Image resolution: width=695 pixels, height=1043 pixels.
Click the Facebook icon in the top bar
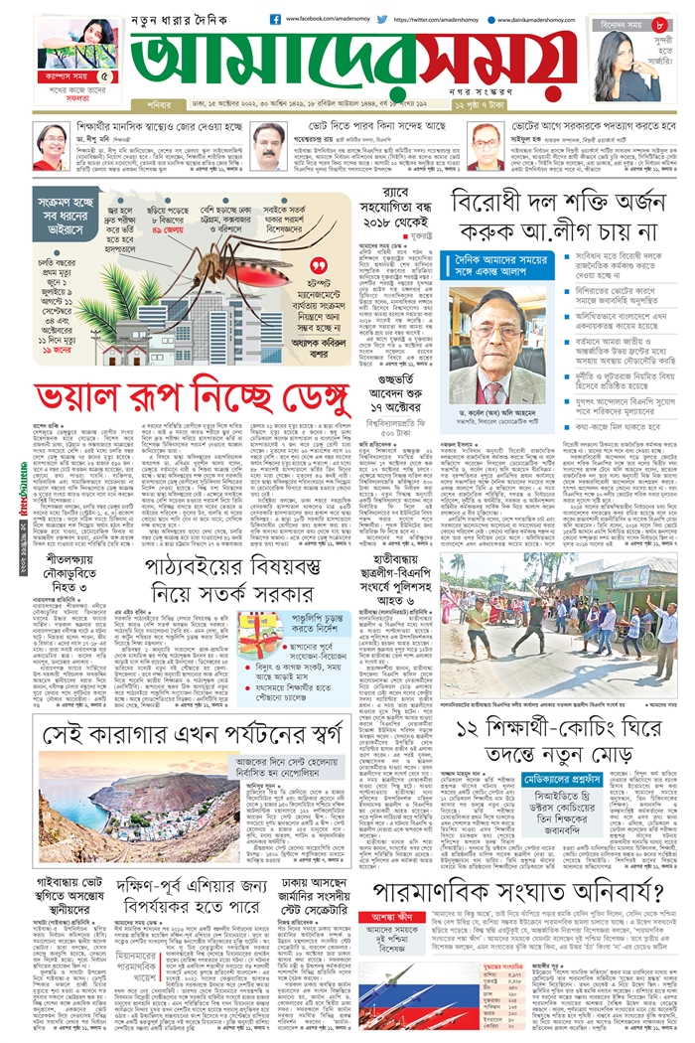tap(275, 19)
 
